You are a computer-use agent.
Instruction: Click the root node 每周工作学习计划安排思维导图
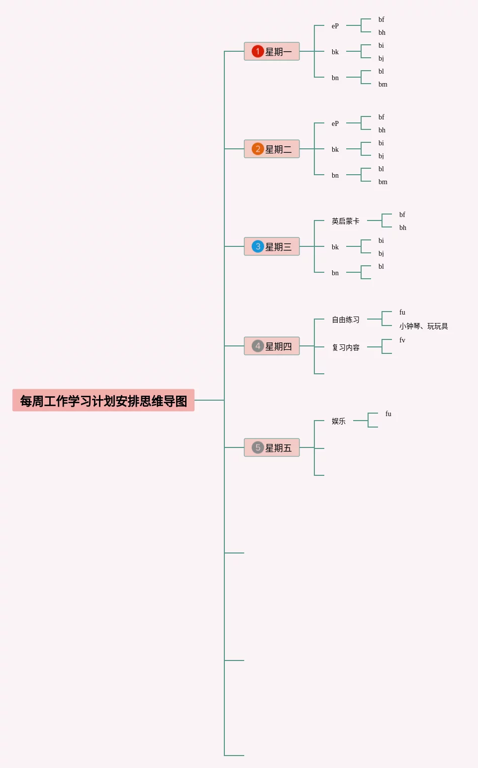tap(103, 401)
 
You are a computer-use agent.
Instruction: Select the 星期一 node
tap(272, 51)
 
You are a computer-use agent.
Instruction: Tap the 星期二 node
tap(272, 149)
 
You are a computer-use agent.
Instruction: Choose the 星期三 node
tap(272, 246)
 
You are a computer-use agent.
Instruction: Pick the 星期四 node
tap(272, 346)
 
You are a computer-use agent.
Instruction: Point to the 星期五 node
tap(272, 447)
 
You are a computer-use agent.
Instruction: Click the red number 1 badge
tap(258, 51)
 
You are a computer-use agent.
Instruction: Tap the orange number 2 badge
tap(258, 149)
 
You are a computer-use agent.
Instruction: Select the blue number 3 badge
tap(258, 246)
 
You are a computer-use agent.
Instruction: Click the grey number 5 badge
tap(258, 447)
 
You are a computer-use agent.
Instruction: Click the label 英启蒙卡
tap(345, 221)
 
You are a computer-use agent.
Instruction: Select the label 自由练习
tap(345, 320)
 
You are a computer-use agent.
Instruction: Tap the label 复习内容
tap(345, 347)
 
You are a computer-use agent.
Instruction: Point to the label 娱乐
tap(338, 421)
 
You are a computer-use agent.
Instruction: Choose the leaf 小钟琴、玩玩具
tap(423, 326)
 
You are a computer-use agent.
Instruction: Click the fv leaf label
tap(402, 340)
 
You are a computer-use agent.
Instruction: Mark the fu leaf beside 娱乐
tap(388, 414)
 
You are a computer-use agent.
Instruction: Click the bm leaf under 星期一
tap(382, 84)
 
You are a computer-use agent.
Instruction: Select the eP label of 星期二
tap(335, 123)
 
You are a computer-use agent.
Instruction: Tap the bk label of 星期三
tap(335, 247)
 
